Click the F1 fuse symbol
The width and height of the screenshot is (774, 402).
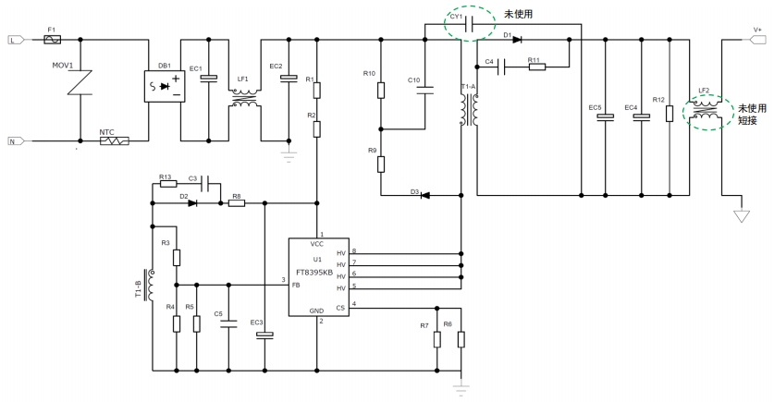[x=52, y=40]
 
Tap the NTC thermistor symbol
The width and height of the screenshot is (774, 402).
[x=115, y=141]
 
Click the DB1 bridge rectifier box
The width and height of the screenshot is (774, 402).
[x=165, y=87]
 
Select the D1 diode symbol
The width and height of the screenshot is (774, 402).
[x=515, y=40]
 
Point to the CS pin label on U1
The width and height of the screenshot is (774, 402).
[x=340, y=307]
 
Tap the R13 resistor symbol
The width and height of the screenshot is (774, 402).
[x=167, y=184]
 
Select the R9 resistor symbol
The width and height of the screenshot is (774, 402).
[x=381, y=164]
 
